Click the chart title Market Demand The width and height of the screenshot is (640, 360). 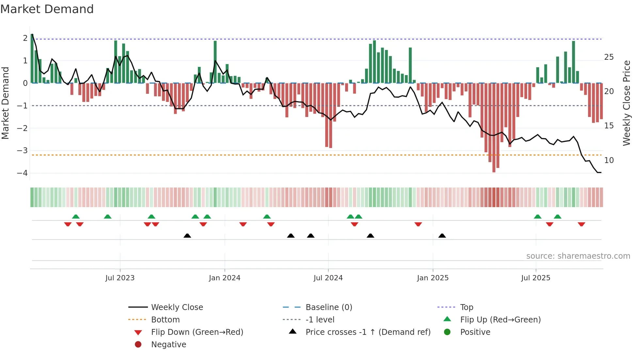click(x=47, y=9)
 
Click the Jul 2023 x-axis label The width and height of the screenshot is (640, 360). click(x=120, y=278)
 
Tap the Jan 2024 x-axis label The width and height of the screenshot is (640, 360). click(x=225, y=278)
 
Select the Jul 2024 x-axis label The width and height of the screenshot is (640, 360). click(x=328, y=278)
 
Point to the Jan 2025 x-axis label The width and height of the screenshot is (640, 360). click(x=433, y=278)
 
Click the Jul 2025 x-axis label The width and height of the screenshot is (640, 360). click(x=536, y=278)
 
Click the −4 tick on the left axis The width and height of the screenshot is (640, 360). click(x=23, y=173)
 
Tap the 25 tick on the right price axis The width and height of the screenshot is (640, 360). click(x=609, y=57)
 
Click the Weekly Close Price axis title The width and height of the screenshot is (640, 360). click(x=626, y=103)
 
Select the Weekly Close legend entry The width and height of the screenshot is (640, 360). click(x=177, y=307)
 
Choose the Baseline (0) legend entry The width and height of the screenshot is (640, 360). click(x=329, y=307)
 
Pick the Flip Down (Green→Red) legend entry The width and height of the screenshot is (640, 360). click(x=197, y=332)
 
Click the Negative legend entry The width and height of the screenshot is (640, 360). click(x=168, y=345)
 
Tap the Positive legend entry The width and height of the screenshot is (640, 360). click(x=475, y=332)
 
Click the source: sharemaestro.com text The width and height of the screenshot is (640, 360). click(x=578, y=256)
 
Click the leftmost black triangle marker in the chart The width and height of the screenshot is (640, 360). click(x=187, y=236)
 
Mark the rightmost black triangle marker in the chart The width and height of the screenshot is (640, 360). click(x=442, y=236)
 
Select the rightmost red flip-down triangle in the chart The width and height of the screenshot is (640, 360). click(x=581, y=224)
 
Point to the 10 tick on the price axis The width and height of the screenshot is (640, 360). click(x=609, y=160)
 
